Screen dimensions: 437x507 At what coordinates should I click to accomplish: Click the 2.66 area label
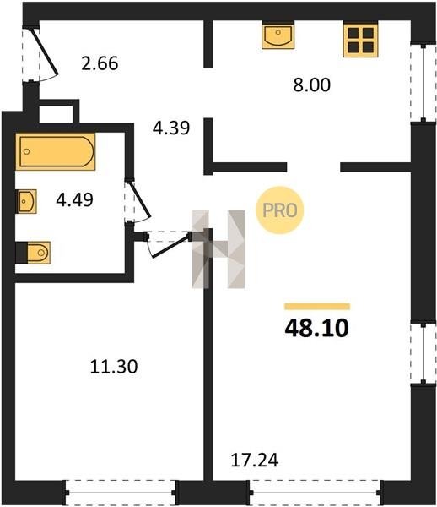coord(100,63)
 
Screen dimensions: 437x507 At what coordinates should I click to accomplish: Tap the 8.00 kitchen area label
coord(312,84)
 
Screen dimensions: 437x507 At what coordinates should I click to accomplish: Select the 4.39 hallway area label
coord(171,128)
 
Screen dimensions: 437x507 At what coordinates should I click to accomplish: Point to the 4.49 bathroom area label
coord(74,199)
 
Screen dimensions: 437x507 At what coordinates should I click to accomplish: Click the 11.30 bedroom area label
coord(114,367)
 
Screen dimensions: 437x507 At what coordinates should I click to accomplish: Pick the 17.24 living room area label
coord(255,461)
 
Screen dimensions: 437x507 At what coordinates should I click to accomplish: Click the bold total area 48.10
coord(316,328)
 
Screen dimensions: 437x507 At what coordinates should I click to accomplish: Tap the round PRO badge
coord(280,210)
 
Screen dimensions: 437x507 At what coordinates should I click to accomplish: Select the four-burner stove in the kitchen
coord(360,39)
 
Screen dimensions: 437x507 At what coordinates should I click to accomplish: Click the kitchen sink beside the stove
coord(278,35)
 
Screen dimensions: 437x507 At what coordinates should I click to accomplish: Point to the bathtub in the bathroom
coord(56,151)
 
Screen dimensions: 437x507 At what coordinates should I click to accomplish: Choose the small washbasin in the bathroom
coord(26,201)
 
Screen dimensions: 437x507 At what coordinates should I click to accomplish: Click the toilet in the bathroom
coord(33,253)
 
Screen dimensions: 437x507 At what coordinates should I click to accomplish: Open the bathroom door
coord(138,201)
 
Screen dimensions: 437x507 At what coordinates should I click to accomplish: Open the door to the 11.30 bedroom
coord(168,243)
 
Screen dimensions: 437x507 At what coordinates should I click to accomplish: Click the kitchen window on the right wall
coord(424,83)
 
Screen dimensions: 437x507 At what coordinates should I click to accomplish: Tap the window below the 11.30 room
coord(121,493)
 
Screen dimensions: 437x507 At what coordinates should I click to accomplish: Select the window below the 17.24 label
coord(316,493)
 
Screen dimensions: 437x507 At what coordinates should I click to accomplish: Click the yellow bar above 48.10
coord(317,307)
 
